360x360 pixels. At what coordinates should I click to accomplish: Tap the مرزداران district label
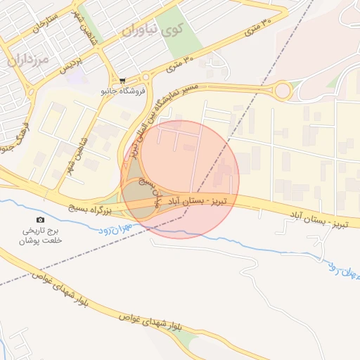pyautogui.click(x=29, y=60)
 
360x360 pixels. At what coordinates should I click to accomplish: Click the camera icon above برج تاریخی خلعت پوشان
pyautogui.click(x=39, y=219)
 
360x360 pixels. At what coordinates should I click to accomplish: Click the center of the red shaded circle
pyautogui.click(x=181, y=179)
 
